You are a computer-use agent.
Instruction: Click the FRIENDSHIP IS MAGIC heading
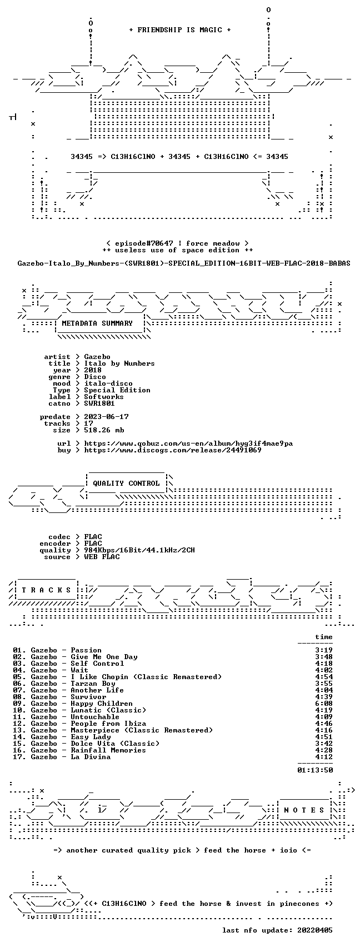pos(180,29)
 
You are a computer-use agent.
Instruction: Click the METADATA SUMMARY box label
pos(97,323)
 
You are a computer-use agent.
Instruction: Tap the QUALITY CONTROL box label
pos(126,483)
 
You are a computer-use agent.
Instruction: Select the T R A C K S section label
pos(47,590)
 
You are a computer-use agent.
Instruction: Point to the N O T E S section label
pos(304,810)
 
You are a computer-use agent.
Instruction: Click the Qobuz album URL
pos(188,443)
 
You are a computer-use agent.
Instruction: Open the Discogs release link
pos(173,450)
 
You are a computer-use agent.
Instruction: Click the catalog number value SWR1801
pos(99,403)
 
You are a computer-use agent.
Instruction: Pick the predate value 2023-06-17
pos(106,417)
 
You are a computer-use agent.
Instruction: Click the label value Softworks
pos(104,397)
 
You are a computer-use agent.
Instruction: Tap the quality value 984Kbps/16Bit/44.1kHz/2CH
pos(139,550)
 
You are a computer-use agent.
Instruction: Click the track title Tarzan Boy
pos(93,684)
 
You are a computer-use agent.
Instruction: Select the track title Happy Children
pos(102,704)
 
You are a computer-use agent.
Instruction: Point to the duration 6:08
pos(324,704)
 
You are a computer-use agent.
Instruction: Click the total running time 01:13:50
pos(315,770)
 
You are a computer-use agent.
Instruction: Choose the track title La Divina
pos(91,757)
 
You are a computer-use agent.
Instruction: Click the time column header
pos(324,637)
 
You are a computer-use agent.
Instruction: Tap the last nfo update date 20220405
pos(315,930)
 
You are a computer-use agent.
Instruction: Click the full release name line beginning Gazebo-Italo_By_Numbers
pos(184,263)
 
